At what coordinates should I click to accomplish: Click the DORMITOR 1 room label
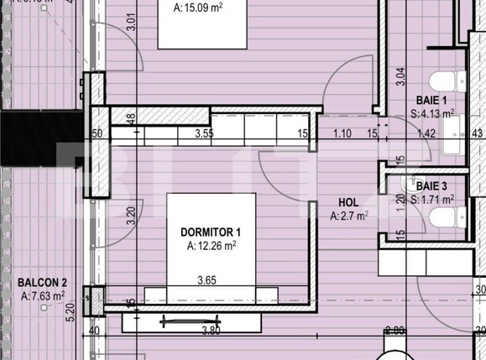coord(212,232)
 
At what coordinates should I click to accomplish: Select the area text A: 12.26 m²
coord(212,246)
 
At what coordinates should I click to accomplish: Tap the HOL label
coord(348,202)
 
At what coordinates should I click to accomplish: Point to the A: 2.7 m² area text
coord(349,216)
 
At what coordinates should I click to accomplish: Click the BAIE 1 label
coord(432,99)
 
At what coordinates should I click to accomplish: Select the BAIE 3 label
coord(433,185)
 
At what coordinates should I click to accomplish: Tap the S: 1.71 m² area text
coord(433,199)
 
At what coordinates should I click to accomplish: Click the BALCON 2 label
coord(42,282)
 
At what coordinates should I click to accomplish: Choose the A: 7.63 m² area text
coord(43,295)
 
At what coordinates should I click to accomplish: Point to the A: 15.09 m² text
coord(202,8)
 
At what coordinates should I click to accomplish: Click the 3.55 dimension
coord(203,133)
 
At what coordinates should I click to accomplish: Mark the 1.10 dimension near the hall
coord(342,133)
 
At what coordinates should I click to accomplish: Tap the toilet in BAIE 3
coord(443,218)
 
